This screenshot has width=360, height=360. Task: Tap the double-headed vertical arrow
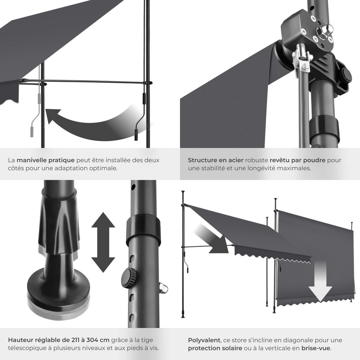tap(103, 242)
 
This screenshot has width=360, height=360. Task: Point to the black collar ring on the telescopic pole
tap(142, 229)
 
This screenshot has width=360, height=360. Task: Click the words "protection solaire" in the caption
tap(215, 348)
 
